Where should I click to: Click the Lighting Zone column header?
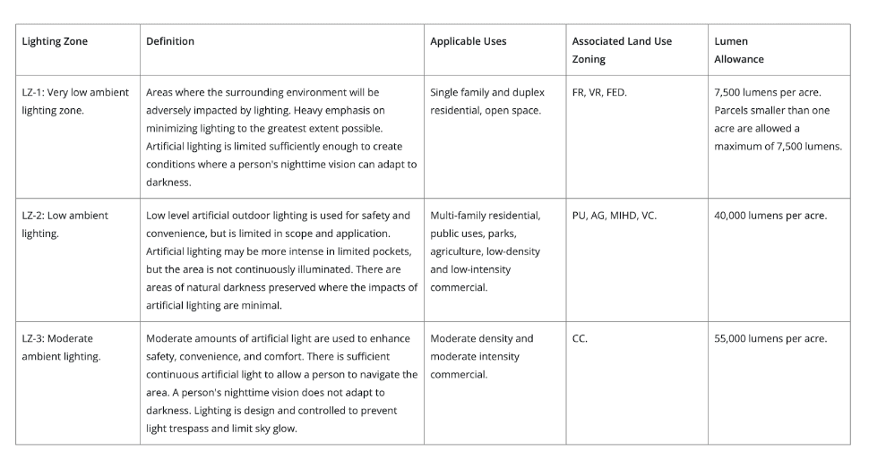pyautogui.click(x=55, y=41)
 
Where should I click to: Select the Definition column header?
pyautogui.click(x=170, y=41)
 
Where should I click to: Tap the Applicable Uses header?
pyautogui.click(x=468, y=41)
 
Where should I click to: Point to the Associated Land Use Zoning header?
pyautogui.click(x=622, y=50)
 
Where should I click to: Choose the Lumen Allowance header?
pyautogui.click(x=739, y=50)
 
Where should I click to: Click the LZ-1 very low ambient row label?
pyautogui.click(x=75, y=101)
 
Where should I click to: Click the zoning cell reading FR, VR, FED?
pyautogui.click(x=599, y=92)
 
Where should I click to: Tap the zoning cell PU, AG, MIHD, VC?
pyautogui.click(x=614, y=215)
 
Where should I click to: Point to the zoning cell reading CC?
pyautogui.click(x=580, y=338)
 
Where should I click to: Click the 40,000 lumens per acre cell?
pyautogui.click(x=770, y=215)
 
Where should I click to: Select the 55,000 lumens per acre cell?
pyautogui.click(x=770, y=338)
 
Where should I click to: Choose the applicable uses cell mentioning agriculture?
pyautogui.click(x=485, y=251)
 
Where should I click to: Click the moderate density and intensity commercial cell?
pyautogui.click(x=481, y=356)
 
